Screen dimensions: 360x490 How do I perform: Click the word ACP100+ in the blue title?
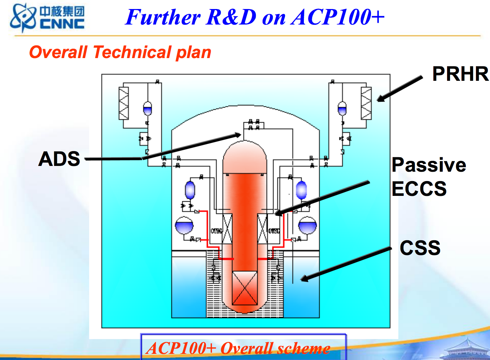tap(337, 17)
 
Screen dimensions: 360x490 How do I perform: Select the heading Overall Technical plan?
tap(120, 52)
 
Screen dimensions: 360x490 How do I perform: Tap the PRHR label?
tap(460, 74)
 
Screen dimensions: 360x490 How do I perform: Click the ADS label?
tap(59, 159)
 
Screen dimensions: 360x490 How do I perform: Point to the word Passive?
tap(429, 165)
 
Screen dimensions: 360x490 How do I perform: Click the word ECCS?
tap(419, 189)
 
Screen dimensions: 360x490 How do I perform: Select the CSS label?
tap(420, 248)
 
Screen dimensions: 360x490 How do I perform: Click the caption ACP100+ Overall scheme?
tap(238, 348)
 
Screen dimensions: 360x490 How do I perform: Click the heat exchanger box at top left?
tap(124, 103)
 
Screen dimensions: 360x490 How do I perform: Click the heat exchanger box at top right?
tap(366, 103)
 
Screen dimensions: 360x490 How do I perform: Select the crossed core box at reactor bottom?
tap(244, 289)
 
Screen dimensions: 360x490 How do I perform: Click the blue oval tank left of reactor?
tap(190, 190)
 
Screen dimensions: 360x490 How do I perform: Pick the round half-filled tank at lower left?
tap(184, 225)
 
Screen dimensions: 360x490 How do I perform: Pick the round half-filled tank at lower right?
tap(307, 225)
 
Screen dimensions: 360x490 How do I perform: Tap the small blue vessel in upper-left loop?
tap(148, 108)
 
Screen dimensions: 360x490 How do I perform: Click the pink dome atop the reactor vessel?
tap(245, 157)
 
